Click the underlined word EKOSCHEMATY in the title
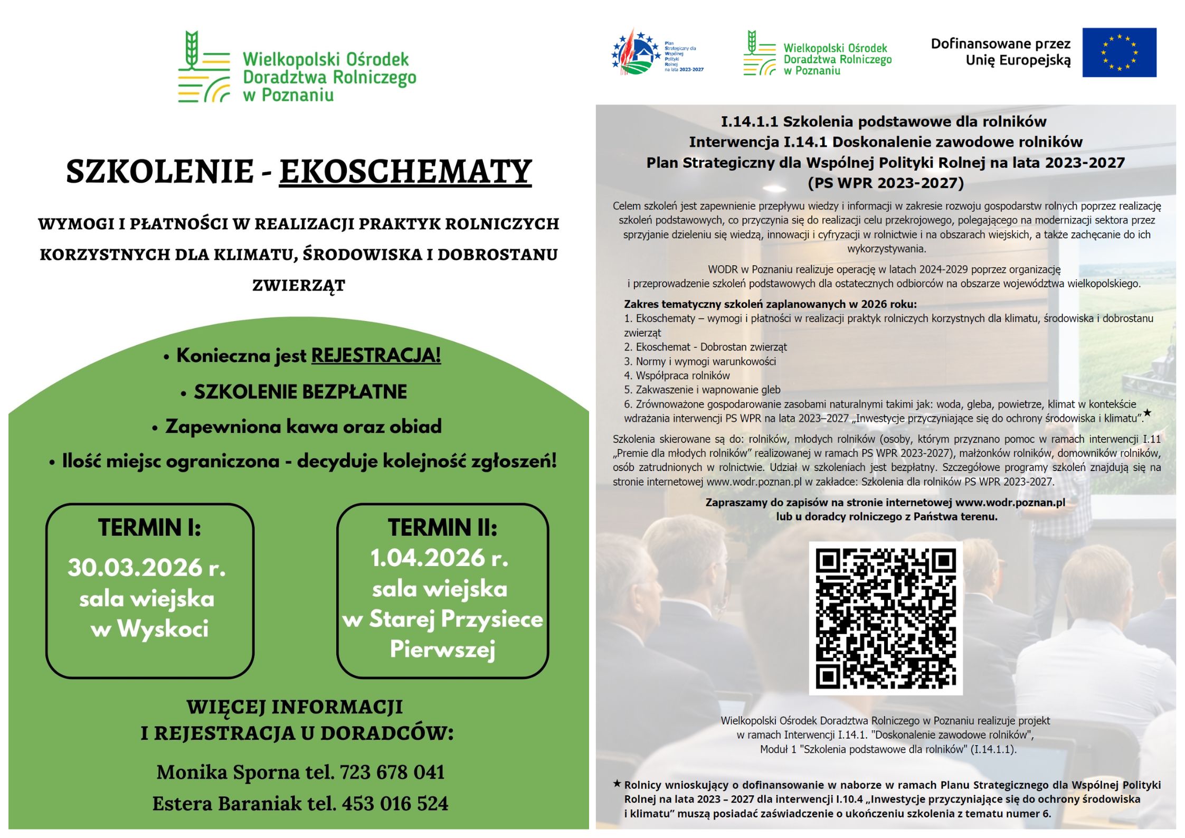405,171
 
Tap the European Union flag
1118,52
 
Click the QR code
885,618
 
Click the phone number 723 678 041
392,773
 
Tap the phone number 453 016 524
395,804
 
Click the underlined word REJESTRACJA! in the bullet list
376,355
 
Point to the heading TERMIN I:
149,528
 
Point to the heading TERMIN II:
442,528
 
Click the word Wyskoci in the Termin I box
163,629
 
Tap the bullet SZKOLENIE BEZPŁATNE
300,392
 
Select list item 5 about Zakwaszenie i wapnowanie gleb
702,390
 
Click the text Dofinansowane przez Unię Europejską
1000,52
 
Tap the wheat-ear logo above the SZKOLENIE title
204,66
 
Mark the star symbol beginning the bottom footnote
617,784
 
